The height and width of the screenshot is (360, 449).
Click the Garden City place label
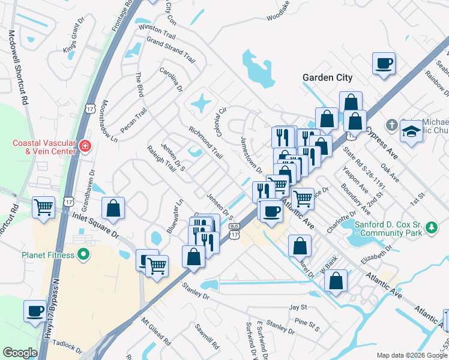(327, 77)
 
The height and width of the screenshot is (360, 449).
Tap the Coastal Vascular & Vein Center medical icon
(85, 146)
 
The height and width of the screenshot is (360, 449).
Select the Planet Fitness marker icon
(83, 255)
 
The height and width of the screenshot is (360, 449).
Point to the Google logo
(20, 352)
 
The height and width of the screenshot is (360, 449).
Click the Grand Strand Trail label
(171, 51)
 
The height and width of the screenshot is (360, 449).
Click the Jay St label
(298, 307)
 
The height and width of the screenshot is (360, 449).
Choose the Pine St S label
(307, 324)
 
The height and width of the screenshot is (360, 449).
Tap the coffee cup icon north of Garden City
(384, 63)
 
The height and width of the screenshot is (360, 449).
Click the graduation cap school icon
(412, 130)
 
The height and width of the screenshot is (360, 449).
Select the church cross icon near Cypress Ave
(391, 125)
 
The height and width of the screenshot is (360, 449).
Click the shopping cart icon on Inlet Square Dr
(44, 208)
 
